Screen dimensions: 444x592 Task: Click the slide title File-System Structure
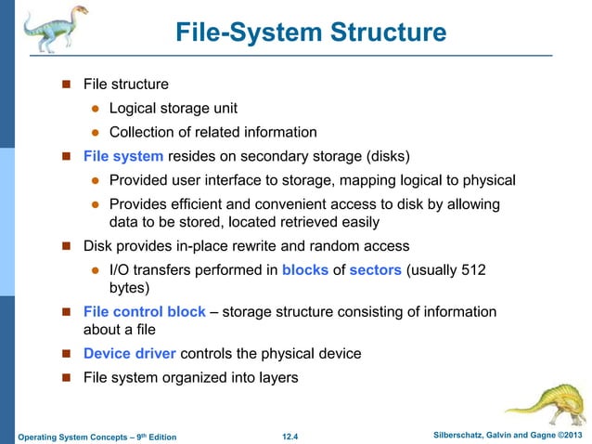[311, 34]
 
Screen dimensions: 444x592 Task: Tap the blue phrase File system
[123, 155]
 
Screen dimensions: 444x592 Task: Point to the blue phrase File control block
[144, 311]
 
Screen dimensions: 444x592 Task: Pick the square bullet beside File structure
[67, 85]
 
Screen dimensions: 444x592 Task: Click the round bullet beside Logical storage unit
[94, 109]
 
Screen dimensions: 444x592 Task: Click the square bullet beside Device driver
[67, 354]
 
